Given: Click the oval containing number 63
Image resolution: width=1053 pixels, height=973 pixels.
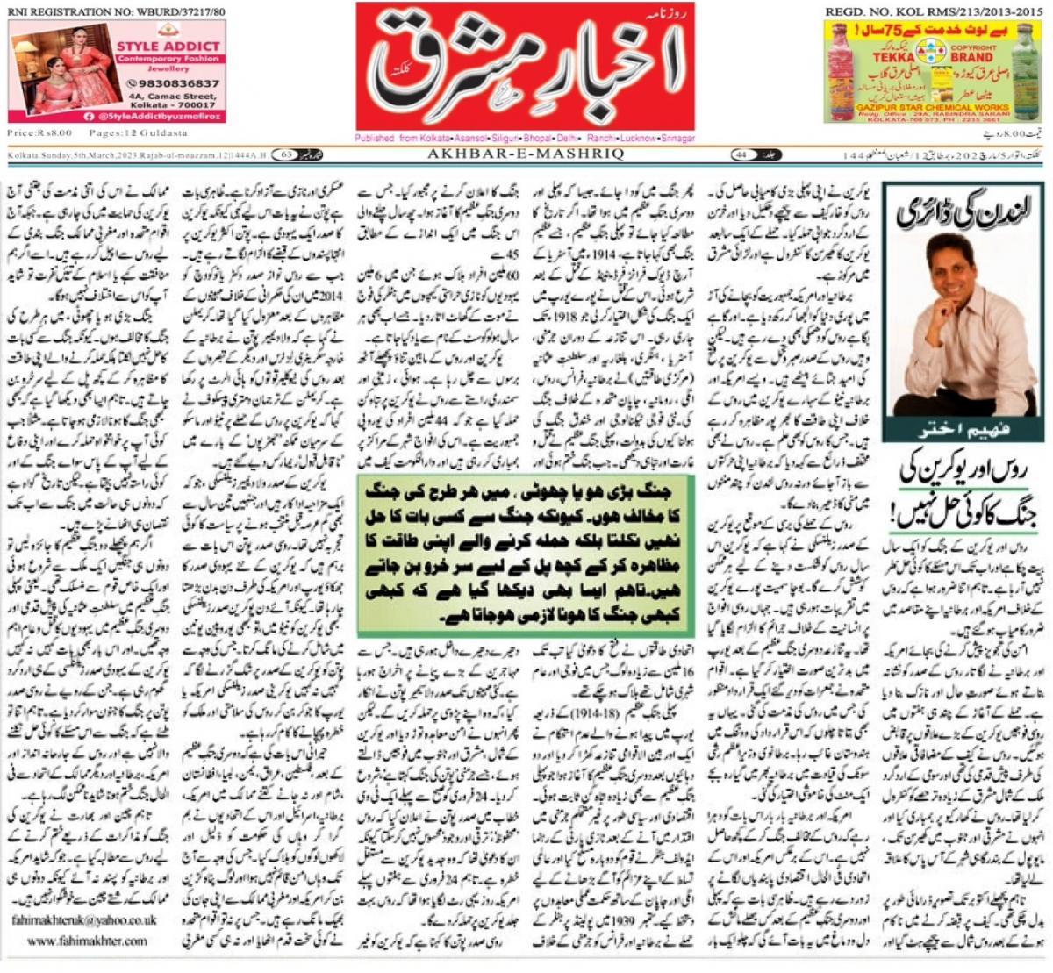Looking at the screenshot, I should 287,154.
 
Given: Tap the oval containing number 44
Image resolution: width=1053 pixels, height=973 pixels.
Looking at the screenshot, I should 741,154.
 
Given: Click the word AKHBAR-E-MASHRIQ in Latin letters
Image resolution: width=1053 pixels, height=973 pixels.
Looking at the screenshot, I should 525,154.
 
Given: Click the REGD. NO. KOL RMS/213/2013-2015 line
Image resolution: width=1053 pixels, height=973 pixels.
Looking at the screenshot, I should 934,11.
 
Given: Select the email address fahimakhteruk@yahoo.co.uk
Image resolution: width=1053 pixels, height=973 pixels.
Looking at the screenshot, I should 84,920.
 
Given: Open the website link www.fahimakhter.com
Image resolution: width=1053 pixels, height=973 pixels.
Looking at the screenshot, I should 87,941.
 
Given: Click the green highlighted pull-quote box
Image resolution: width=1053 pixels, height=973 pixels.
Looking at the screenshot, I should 525,556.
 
